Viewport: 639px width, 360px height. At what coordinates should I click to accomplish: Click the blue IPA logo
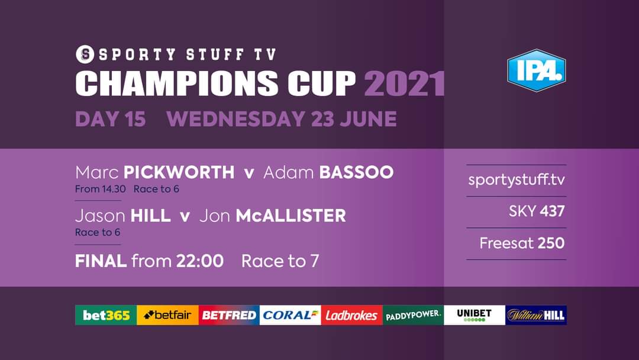(x=536, y=70)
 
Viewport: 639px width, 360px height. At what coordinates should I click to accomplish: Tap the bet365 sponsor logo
(x=106, y=315)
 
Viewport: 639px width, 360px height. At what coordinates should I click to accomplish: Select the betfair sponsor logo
(x=167, y=315)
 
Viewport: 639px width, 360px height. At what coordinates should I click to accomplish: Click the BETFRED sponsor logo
(x=228, y=315)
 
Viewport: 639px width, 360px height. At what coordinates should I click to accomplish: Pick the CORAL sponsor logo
(x=290, y=315)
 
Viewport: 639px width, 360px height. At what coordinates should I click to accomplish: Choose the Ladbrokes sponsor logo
(x=351, y=315)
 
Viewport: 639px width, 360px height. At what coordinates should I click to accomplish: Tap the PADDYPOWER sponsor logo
(x=413, y=315)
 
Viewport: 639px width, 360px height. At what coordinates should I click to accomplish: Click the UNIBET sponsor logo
(x=474, y=315)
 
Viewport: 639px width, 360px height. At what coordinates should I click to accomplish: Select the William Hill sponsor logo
(x=536, y=315)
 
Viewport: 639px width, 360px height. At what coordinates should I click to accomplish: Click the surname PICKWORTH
(x=179, y=172)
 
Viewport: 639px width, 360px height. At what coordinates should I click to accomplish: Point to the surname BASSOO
(x=356, y=172)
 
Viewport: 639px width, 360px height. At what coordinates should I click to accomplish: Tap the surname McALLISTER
(x=291, y=216)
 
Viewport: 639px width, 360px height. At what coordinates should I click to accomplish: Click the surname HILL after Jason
(x=150, y=216)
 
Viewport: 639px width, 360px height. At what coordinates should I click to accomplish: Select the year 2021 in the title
(x=405, y=83)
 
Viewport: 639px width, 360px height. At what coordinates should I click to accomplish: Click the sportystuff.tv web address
(x=517, y=179)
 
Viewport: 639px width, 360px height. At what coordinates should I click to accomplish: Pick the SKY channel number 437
(x=552, y=211)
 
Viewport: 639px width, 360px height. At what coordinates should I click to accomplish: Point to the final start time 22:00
(x=200, y=261)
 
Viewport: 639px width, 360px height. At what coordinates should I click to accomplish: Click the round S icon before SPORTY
(x=86, y=54)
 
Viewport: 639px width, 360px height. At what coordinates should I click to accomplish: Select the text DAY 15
(x=110, y=119)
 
